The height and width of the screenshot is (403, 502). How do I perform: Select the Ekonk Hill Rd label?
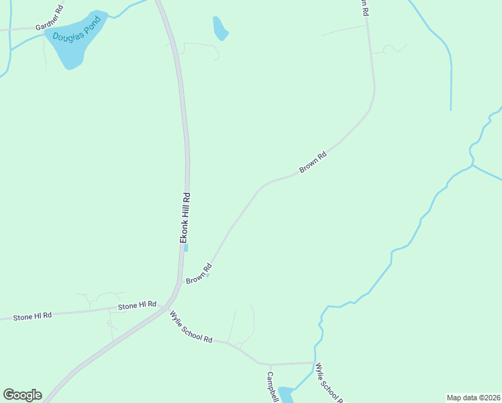coord(185,218)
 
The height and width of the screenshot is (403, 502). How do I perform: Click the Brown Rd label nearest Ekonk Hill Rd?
coord(199,275)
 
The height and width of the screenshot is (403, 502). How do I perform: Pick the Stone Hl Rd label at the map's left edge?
coord(32,316)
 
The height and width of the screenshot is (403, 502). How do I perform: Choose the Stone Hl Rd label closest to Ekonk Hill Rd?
coord(137,306)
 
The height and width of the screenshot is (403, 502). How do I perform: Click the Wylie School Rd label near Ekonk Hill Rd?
coord(191,327)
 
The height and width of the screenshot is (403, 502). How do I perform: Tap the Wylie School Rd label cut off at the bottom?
coord(329,383)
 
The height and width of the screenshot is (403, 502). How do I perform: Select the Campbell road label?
coord(272,387)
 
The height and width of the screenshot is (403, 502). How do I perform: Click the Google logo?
coord(22,395)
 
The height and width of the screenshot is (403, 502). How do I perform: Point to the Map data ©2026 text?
coord(472,398)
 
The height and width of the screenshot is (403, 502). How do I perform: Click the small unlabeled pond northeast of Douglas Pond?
coord(219,28)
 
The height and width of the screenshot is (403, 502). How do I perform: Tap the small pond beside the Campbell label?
coord(286,394)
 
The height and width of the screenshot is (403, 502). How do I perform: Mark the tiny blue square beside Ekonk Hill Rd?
coord(186,248)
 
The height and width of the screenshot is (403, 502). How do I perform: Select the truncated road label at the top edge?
coord(363,7)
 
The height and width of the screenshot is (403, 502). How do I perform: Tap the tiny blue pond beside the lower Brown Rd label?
coord(208,275)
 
